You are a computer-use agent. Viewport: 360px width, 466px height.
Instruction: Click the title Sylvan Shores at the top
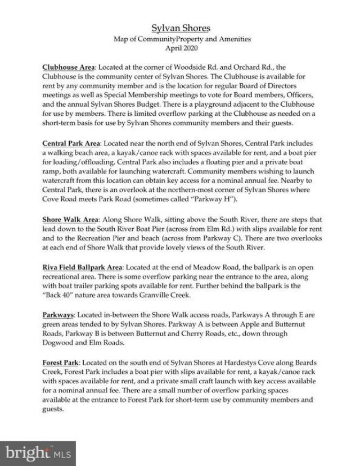point(180,28)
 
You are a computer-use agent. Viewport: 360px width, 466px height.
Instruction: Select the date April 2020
point(180,48)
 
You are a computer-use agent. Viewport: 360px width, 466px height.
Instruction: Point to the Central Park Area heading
point(70,143)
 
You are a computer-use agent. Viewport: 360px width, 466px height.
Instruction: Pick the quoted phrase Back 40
point(64,298)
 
